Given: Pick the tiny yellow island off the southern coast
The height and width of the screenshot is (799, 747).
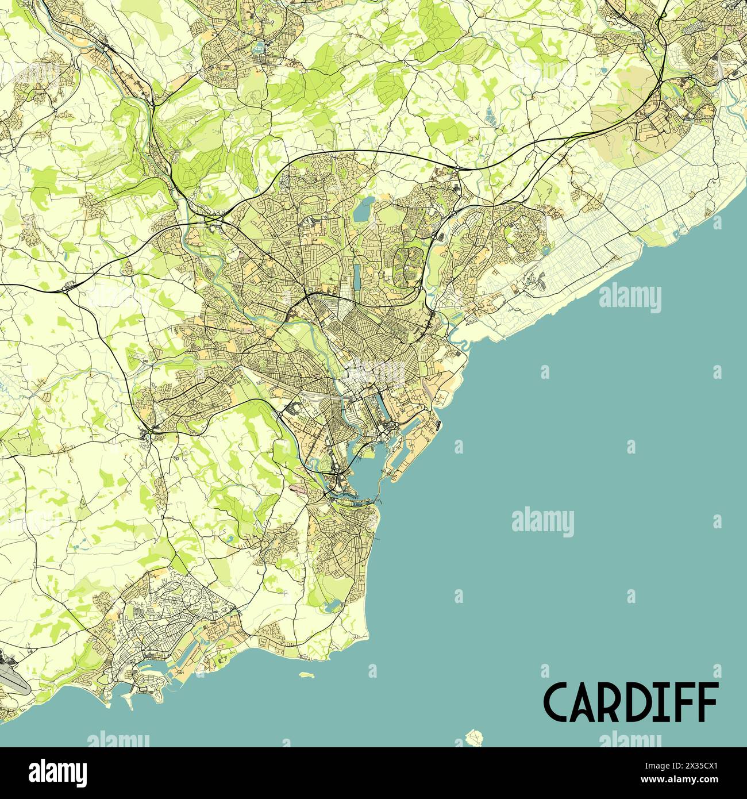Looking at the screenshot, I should tap(307, 675).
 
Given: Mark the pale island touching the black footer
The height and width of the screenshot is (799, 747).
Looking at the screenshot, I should tap(475, 737).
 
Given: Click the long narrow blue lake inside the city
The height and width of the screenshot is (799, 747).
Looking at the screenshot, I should tap(357, 271).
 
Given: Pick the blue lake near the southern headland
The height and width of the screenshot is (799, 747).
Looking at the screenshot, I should tap(332, 605).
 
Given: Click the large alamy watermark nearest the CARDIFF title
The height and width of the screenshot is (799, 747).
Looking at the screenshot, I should tap(542, 522).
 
